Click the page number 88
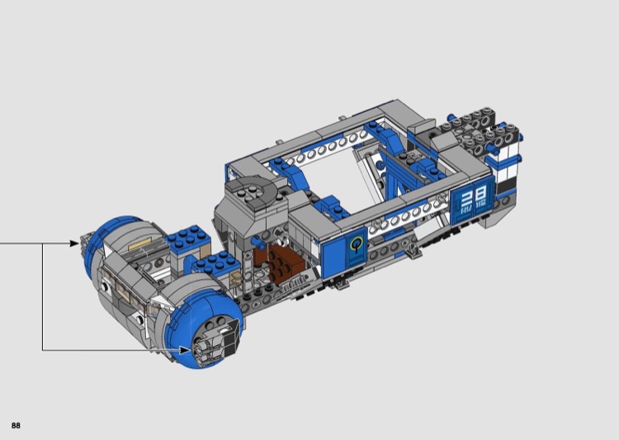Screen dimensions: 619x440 [16, 425]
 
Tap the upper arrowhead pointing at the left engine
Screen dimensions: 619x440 [74, 244]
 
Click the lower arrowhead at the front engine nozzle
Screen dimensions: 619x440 [185, 350]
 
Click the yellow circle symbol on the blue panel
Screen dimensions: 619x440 [357, 245]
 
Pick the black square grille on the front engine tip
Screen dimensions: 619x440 [229, 336]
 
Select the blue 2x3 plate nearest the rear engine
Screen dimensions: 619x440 [187, 236]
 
